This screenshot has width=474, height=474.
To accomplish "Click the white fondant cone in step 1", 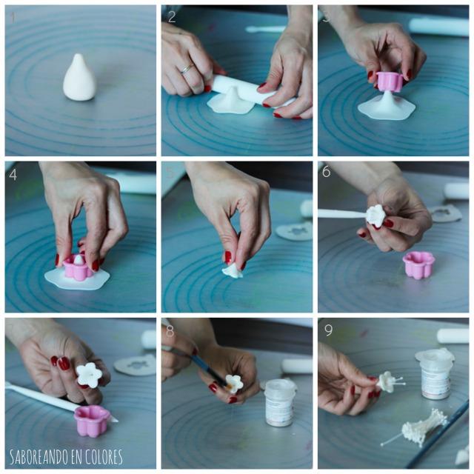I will pyautogui.click(x=79, y=78).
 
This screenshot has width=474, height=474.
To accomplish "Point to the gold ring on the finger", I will pyautogui.click(x=187, y=68).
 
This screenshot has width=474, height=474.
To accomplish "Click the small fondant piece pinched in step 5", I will pyautogui.click(x=232, y=270).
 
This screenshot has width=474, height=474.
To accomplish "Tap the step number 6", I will pyautogui.click(x=327, y=173).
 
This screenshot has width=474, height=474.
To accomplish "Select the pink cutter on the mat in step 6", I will pyautogui.click(x=418, y=264).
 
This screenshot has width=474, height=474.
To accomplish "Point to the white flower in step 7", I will pyautogui.click(x=89, y=374).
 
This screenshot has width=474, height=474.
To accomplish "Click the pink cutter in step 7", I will pyautogui.click(x=92, y=420).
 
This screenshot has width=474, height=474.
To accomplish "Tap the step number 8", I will pyautogui.click(x=171, y=330).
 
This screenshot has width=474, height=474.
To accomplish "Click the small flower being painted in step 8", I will pyautogui.click(x=234, y=383).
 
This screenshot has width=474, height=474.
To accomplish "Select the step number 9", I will pyautogui.click(x=327, y=330).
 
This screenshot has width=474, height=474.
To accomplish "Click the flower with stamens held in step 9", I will pyautogui.click(x=386, y=381).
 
